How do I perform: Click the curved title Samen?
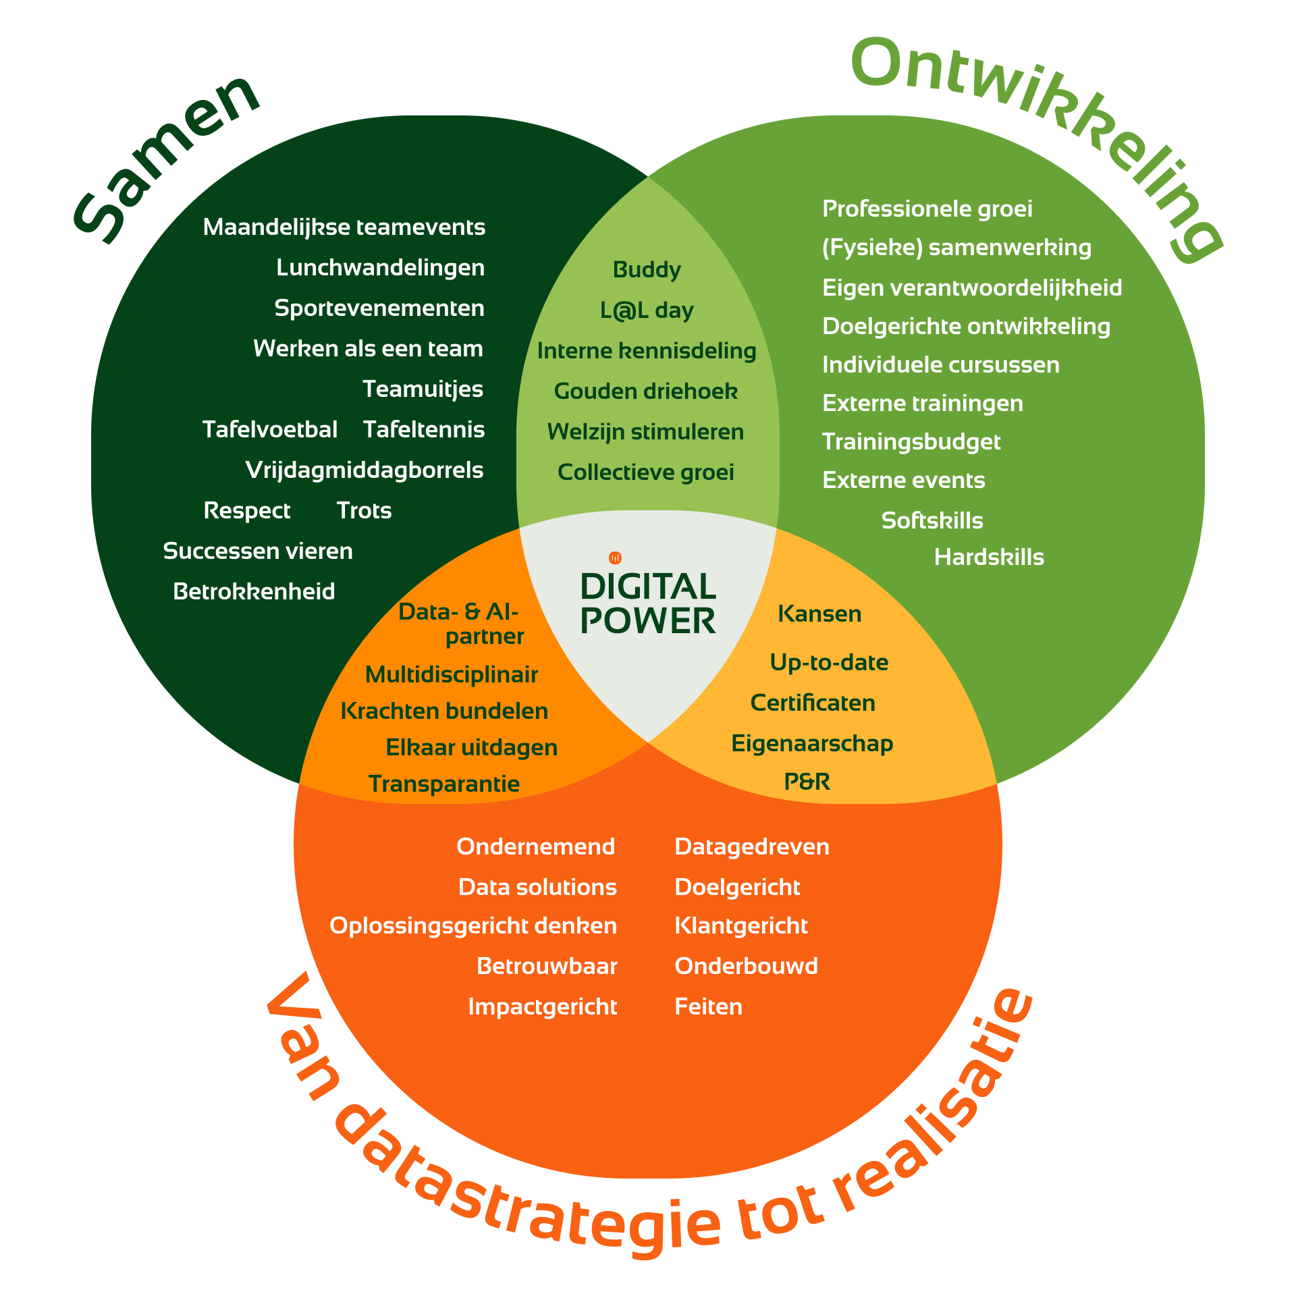point(165,159)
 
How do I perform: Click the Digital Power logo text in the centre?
point(648,604)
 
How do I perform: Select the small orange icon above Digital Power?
point(615,558)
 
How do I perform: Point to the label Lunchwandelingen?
point(380,269)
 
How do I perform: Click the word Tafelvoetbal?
point(270,429)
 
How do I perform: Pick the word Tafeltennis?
point(424,429)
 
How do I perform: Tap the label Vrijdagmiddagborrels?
point(364,471)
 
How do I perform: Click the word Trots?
point(364,510)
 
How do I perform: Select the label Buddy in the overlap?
point(647,270)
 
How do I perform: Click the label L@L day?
point(647,310)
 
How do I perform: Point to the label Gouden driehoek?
point(646,391)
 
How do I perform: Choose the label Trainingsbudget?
point(911,443)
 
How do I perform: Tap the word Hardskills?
point(989,557)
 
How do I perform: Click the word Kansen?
point(819,614)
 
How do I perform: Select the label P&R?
point(807,781)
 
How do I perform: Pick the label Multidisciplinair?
point(452,675)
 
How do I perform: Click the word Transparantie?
point(444,784)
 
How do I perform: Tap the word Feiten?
point(709,1006)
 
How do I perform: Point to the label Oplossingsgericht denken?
point(473,927)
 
